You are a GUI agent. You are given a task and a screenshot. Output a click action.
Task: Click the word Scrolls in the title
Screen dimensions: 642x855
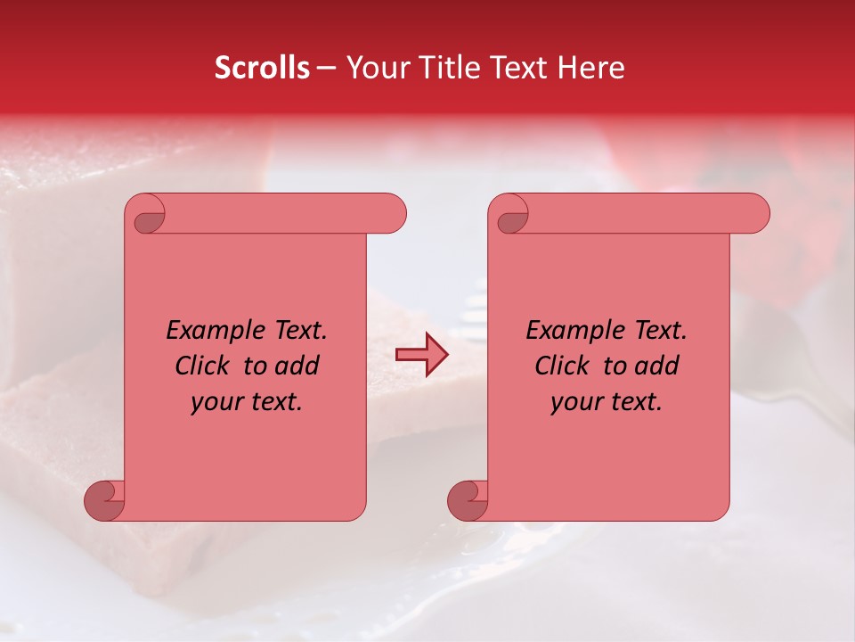(x=263, y=68)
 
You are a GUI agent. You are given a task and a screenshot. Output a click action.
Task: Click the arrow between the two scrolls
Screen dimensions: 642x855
(x=421, y=354)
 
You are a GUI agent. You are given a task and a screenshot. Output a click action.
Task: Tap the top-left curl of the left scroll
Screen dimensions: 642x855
(x=146, y=217)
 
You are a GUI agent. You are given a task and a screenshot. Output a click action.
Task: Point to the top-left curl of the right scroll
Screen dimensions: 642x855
(x=509, y=217)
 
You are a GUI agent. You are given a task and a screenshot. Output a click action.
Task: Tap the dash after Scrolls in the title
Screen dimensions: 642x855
(x=326, y=69)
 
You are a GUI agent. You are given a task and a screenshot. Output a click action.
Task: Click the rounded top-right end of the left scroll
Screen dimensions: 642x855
(x=392, y=213)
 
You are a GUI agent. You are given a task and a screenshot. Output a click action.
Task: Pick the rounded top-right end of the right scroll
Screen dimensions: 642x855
(x=755, y=213)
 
